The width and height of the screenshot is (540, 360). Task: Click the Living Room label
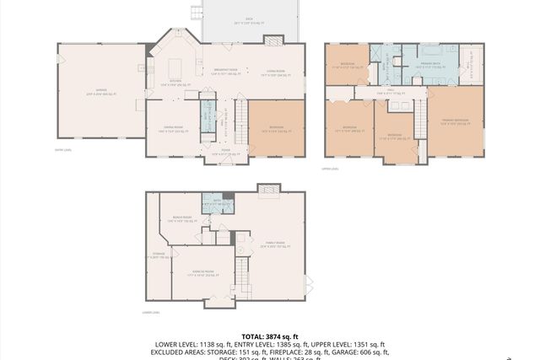(x=272, y=73)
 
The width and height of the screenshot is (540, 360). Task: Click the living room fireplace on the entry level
(x=273, y=40)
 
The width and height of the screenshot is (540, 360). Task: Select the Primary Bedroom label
(x=456, y=122)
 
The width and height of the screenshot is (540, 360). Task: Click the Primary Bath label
(x=430, y=67)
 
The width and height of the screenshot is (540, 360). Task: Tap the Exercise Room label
(x=200, y=273)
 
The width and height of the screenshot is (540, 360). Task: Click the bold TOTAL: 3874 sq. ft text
(x=270, y=336)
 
